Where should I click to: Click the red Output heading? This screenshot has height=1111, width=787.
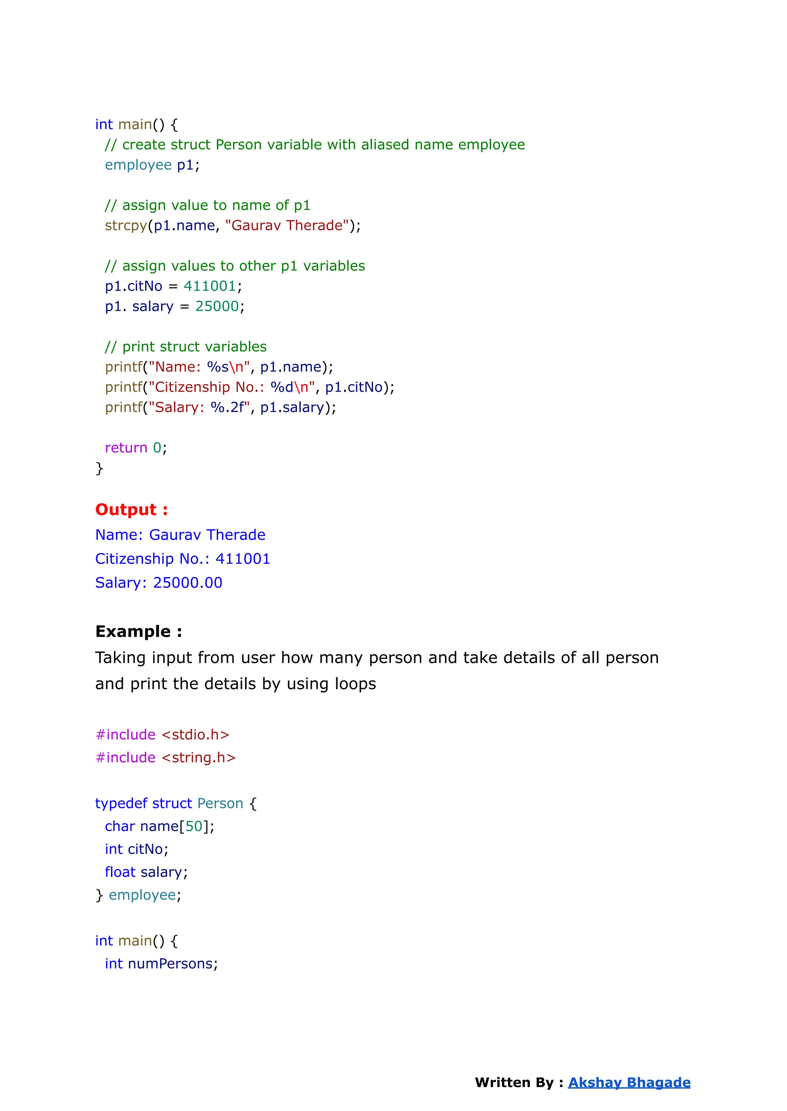coord(131,510)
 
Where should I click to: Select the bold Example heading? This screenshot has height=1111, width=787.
coord(139,631)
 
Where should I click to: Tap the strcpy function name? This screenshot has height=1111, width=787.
coord(126,226)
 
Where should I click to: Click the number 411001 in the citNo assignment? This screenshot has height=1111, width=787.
coord(210,286)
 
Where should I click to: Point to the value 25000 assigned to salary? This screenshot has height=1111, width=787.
coord(217,306)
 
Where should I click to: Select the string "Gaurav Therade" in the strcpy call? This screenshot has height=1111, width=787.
coord(287,226)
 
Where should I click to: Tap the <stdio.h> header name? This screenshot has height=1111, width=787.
coord(195,735)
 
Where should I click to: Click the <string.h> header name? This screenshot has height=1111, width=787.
coord(199,757)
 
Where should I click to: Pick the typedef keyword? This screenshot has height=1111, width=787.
coord(121,803)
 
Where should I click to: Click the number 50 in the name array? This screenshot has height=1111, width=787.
coord(194,826)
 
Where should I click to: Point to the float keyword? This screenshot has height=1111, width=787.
coord(120,872)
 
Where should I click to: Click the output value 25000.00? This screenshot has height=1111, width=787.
coord(188,583)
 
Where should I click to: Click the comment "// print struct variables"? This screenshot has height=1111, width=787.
coord(186,347)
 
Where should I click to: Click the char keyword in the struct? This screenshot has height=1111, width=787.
coord(120,826)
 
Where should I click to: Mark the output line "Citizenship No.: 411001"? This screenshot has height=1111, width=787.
coord(183,559)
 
